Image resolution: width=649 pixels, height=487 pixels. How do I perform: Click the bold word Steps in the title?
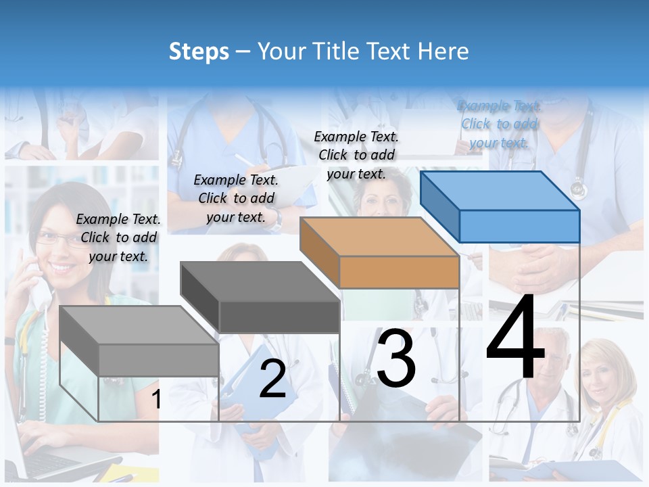[x=199, y=51]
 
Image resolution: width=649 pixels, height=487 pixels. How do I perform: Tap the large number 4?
[x=515, y=338]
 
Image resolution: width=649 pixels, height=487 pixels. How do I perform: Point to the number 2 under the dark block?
[x=272, y=379]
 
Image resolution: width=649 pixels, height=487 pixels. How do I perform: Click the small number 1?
[x=157, y=399]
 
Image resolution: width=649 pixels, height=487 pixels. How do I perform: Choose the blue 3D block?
[x=501, y=206]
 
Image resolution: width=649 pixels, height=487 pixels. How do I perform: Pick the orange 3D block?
[x=381, y=253]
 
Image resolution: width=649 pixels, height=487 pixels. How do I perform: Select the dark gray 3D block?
[x=261, y=298]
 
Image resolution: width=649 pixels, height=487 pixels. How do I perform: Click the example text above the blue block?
[x=500, y=124]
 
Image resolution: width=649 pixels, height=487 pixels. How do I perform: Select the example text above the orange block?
[x=356, y=155]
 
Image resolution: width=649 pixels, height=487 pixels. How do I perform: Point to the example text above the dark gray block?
[x=236, y=198]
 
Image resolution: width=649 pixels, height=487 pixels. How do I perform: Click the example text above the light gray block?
[x=118, y=237]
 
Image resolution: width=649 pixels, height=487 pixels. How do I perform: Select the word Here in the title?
[x=443, y=51]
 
